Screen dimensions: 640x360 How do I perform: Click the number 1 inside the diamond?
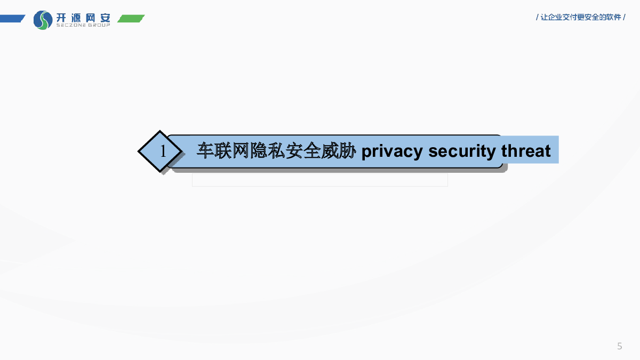click(x=163, y=151)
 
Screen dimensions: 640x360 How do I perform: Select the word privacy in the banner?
click(x=392, y=151)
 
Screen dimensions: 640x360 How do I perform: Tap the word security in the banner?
click(x=462, y=151)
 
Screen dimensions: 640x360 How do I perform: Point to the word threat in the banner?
click(x=526, y=150)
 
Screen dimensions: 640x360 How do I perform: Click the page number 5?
click(x=619, y=346)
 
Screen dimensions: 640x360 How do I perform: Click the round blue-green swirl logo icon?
click(x=43, y=20)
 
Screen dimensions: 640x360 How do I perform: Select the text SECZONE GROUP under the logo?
click(x=83, y=25)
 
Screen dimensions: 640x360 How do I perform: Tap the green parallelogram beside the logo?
click(x=131, y=18)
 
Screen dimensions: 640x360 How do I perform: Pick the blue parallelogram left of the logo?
click(x=12, y=18)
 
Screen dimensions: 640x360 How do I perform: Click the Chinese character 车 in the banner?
click(x=205, y=150)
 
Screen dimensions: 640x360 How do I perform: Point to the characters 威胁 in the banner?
click(x=338, y=150)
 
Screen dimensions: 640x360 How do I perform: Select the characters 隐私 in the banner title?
click(x=267, y=150)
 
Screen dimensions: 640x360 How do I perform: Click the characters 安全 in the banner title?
click(x=303, y=150)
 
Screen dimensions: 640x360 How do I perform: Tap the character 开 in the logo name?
click(x=61, y=18)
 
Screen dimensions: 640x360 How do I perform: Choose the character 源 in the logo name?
click(x=76, y=18)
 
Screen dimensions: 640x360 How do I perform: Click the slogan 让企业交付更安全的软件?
click(x=581, y=17)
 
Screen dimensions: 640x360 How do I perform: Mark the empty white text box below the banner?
click(x=320, y=180)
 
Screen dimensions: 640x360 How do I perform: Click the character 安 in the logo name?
click(x=106, y=18)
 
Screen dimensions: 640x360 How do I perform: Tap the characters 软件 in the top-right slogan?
click(x=613, y=17)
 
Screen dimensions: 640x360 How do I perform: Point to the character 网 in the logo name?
click(x=91, y=18)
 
